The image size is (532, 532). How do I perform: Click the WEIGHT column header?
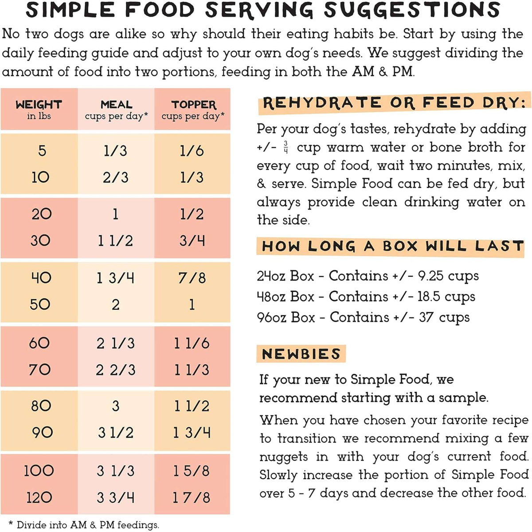pyautogui.click(x=39, y=106)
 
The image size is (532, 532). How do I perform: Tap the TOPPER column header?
pyautogui.click(x=193, y=106)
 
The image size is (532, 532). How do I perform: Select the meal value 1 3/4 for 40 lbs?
pyautogui.click(x=115, y=278)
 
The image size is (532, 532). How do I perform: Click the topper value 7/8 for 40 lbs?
pyautogui.click(x=192, y=278)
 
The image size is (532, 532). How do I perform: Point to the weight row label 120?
pyautogui.click(x=39, y=497)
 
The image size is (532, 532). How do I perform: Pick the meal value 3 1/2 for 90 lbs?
pyautogui.click(x=115, y=432)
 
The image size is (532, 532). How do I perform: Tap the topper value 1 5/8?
pyautogui.click(x=192, y=471)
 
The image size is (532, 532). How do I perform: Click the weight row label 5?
pyautogui.click(x=42, y=151)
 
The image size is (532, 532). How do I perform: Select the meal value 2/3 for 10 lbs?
pyautogui.click(x=115, y=177)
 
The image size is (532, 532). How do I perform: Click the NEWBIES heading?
pyautogui.click(x=301, y=354)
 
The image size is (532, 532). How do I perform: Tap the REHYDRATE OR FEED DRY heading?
pyautogui.click(x=394, y=103)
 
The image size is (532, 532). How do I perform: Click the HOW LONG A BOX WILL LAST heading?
pyautogui.click(x=392, y=246)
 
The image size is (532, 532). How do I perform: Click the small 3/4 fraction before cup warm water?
pyautogui.click(x=286, y=147)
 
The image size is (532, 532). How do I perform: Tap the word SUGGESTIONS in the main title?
pyautogui.click(x=412, y=10)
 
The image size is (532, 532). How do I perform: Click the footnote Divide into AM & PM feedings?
pyautogui.click(x=87, y=525)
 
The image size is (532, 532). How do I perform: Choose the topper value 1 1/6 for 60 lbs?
pyautogui.click(x=192, y=343)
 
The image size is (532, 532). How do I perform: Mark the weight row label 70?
pyautogui.click(x=39, y=369)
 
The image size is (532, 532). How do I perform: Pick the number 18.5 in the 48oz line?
pyautogui.click(x=429, y=297)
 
